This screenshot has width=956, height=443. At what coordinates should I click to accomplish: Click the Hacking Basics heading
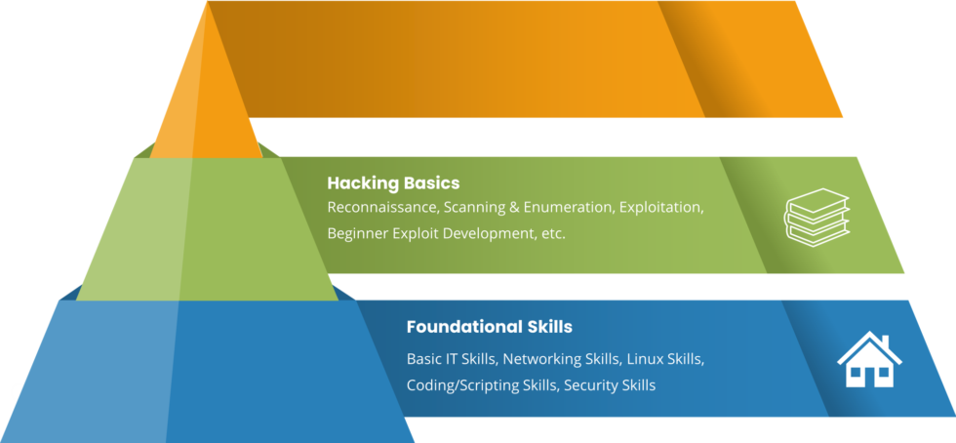pyautogui.click(x=393, y=182)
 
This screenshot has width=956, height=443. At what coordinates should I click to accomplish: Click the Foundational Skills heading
pyautogui.click(x=489, y=326)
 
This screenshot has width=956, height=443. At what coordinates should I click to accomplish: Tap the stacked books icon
pyautogui.click(x=817, y=216)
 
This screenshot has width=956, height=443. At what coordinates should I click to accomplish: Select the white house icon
pyautogui.click(x=869, y=360)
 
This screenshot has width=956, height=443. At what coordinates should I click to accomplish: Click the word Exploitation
pyautogui.click(x=659, y=208)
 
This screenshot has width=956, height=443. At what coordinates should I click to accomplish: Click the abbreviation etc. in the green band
pyautogui.click(x=553, y=234)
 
